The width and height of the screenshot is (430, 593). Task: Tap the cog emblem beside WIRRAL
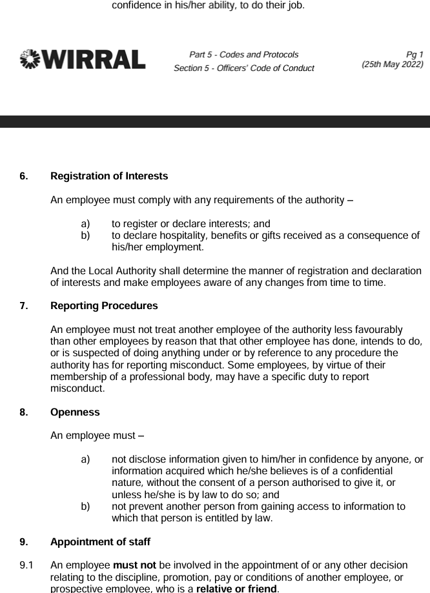point(29,59)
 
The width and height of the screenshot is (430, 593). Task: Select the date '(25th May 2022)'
point(393,65)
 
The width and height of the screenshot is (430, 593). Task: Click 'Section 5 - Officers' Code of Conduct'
point(243,68)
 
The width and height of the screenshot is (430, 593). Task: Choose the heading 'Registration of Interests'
point(108,176)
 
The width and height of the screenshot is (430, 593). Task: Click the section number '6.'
point(24,176)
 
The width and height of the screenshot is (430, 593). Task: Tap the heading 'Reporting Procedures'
point(103,305)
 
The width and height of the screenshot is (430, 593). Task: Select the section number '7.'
point(24,305)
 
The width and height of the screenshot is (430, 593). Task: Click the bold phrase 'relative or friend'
point(236,588)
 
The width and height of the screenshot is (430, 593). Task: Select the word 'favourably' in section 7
point(378,330)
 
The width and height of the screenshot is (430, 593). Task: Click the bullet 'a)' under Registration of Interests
point(85,224)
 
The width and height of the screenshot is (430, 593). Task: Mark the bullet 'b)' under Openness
point(85,507)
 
